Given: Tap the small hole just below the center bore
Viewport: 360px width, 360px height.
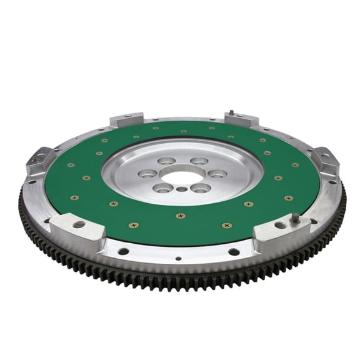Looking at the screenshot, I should [x=181, y=189].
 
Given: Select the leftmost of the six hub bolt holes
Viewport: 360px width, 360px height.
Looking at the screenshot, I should [x=147, y=173].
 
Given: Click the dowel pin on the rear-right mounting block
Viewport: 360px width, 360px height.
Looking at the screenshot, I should [x=231, y=113].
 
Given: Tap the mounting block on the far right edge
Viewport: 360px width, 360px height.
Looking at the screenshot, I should [x=326, y=161].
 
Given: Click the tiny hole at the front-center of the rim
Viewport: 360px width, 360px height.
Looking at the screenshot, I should [x=179, y=257].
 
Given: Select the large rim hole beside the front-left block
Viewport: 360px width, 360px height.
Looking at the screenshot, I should [x=124, y=251].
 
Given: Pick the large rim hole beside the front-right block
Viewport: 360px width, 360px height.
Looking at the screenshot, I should [x=234, y=252].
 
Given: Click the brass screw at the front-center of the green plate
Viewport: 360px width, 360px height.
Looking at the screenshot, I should [x=180, y=216].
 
